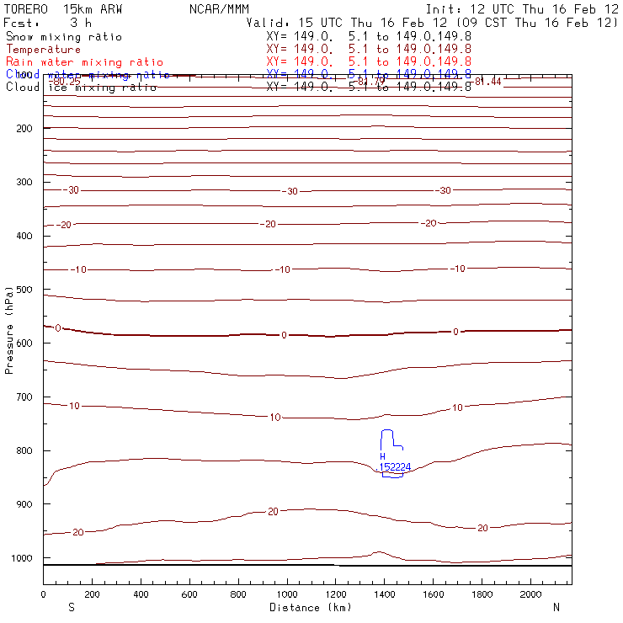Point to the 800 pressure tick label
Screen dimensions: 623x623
tap(23, 450)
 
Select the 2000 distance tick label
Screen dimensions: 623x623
tap(530, 594)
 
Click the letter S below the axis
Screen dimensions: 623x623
tap(70, 607)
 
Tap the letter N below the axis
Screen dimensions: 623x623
tap(556, 607)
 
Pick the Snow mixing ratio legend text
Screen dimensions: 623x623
tap(63, 37)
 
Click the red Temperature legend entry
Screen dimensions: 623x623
tap(43, 50)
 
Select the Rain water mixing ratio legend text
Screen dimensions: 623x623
tap(84, 62)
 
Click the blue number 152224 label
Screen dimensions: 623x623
tap(395, 467)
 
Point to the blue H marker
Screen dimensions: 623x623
tap(382, 457)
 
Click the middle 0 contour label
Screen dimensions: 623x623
tap(284, 335)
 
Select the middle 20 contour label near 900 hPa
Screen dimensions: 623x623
tap(273, 512)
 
